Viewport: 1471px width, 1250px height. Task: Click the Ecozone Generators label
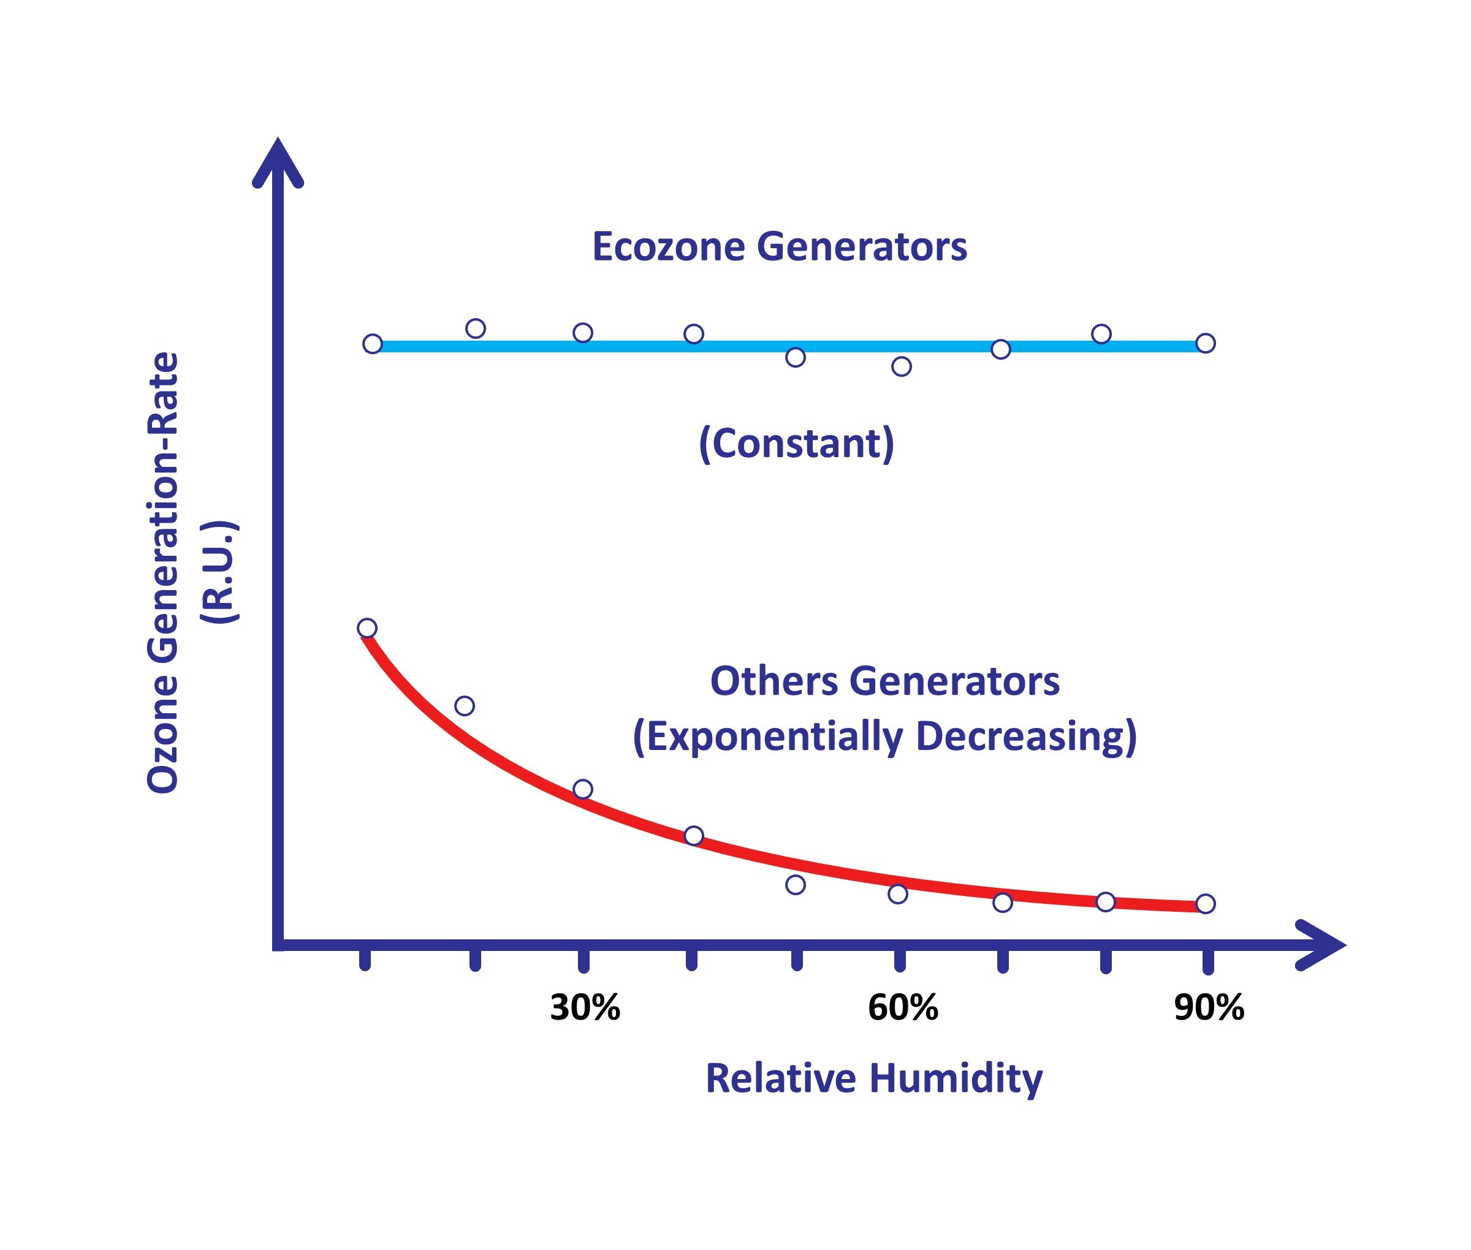(779, 248)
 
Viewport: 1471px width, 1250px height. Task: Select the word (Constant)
(796, 444)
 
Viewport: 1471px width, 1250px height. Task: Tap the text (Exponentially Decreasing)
(884, 737)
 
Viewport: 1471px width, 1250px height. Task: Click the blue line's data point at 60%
(901, 366)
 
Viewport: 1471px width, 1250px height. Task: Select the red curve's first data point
(367, 628)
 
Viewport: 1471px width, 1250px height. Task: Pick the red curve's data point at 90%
(1205, 903)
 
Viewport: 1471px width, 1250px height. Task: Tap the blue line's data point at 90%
(1205, 343)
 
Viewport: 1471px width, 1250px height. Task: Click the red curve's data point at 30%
(583, 789)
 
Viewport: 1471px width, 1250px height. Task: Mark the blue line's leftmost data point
(372, 344)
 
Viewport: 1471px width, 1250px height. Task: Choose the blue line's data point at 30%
(583, 332)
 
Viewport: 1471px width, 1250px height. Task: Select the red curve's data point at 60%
(897, 894)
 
